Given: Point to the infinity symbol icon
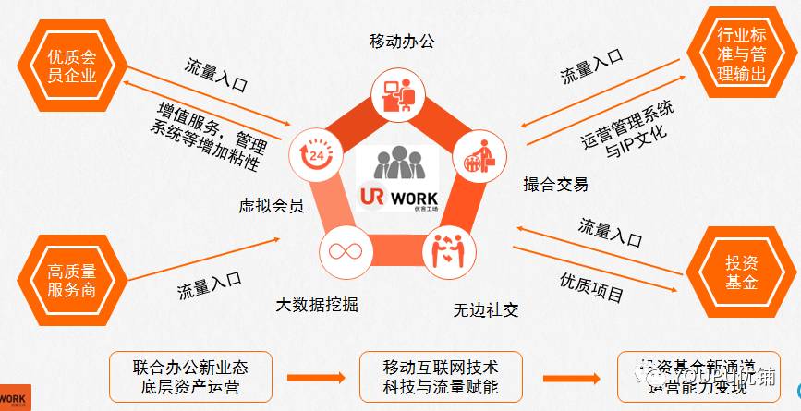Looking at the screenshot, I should click(x=338, y=251).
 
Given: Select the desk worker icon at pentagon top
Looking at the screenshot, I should click(x=396, y=92).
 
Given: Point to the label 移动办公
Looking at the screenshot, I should click(x=400, y=42).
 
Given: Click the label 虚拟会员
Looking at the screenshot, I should click(x=272, y=205).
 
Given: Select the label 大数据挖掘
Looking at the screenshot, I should click(x=317, y=304).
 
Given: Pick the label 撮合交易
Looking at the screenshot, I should click(x=555, y=184).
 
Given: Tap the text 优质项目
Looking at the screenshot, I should click(x=591, y=287).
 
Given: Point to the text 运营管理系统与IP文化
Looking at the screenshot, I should click(x=628, y=130).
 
